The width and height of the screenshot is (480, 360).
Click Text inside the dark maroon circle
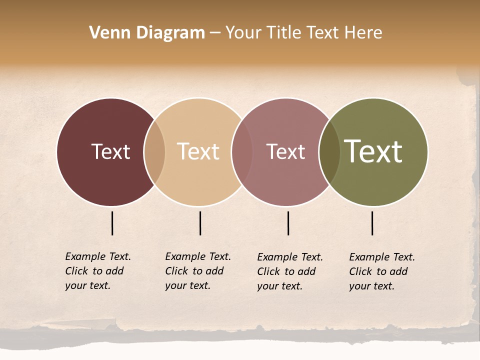[110, 151]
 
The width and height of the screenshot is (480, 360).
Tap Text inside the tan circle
[198, 151]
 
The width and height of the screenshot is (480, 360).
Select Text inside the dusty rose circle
[285, 151]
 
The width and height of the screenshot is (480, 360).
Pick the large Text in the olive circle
[373, 151]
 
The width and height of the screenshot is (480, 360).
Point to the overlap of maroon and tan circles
[154, 152]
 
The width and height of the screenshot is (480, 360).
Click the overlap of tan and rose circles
[242, 152]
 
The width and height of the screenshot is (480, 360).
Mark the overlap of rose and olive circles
[329, 152]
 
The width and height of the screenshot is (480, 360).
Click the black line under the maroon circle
[112, 223]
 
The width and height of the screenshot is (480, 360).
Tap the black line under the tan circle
[200, 223]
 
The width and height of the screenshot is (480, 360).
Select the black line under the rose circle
[288, 223]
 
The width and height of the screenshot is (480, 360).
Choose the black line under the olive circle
[372, 223]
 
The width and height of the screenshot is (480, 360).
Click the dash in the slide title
[215, 33]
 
